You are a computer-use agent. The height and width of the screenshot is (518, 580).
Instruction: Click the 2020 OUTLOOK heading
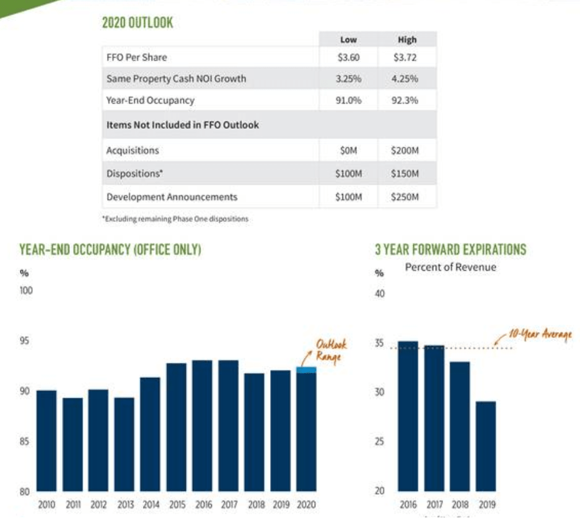137,24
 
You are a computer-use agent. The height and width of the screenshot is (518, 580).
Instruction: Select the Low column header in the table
348,40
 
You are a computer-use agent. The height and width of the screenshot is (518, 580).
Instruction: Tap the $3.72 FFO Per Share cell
406,58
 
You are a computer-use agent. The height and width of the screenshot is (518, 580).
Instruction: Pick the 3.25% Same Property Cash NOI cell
348,79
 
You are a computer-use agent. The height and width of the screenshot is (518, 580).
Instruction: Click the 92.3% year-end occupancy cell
406,100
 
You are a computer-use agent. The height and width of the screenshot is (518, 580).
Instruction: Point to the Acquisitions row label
133,151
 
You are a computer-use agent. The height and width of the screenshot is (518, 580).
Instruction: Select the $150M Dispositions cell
406,174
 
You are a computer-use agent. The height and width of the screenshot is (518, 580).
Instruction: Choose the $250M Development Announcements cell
406,197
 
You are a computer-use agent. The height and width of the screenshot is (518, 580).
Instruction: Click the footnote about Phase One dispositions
175,219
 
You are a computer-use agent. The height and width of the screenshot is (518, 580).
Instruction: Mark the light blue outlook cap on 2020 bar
306,370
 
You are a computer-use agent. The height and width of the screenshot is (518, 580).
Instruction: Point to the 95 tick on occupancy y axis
26,341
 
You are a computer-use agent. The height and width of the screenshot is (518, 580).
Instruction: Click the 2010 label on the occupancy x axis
46,505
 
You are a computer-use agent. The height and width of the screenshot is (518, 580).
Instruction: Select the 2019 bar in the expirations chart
486,446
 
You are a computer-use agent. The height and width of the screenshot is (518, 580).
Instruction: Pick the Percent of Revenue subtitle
450,268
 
